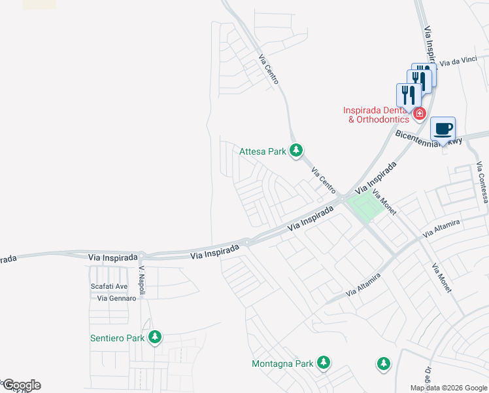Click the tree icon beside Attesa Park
coord(296,151)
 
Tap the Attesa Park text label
coord(263,151)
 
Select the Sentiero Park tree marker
coord(155,338)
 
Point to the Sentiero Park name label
coord(117,339)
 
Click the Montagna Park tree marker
coord(323,362)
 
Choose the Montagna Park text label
coord(283,364)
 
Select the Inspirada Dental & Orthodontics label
coord(377,115)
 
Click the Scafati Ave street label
coord(109,286)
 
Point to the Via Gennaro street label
coord(116,298)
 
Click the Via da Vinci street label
coord(458,62)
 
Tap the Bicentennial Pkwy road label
coord(428,138)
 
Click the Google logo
coord(22,385)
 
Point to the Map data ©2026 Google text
coord(448,388)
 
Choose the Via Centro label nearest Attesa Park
coord(324,180)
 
